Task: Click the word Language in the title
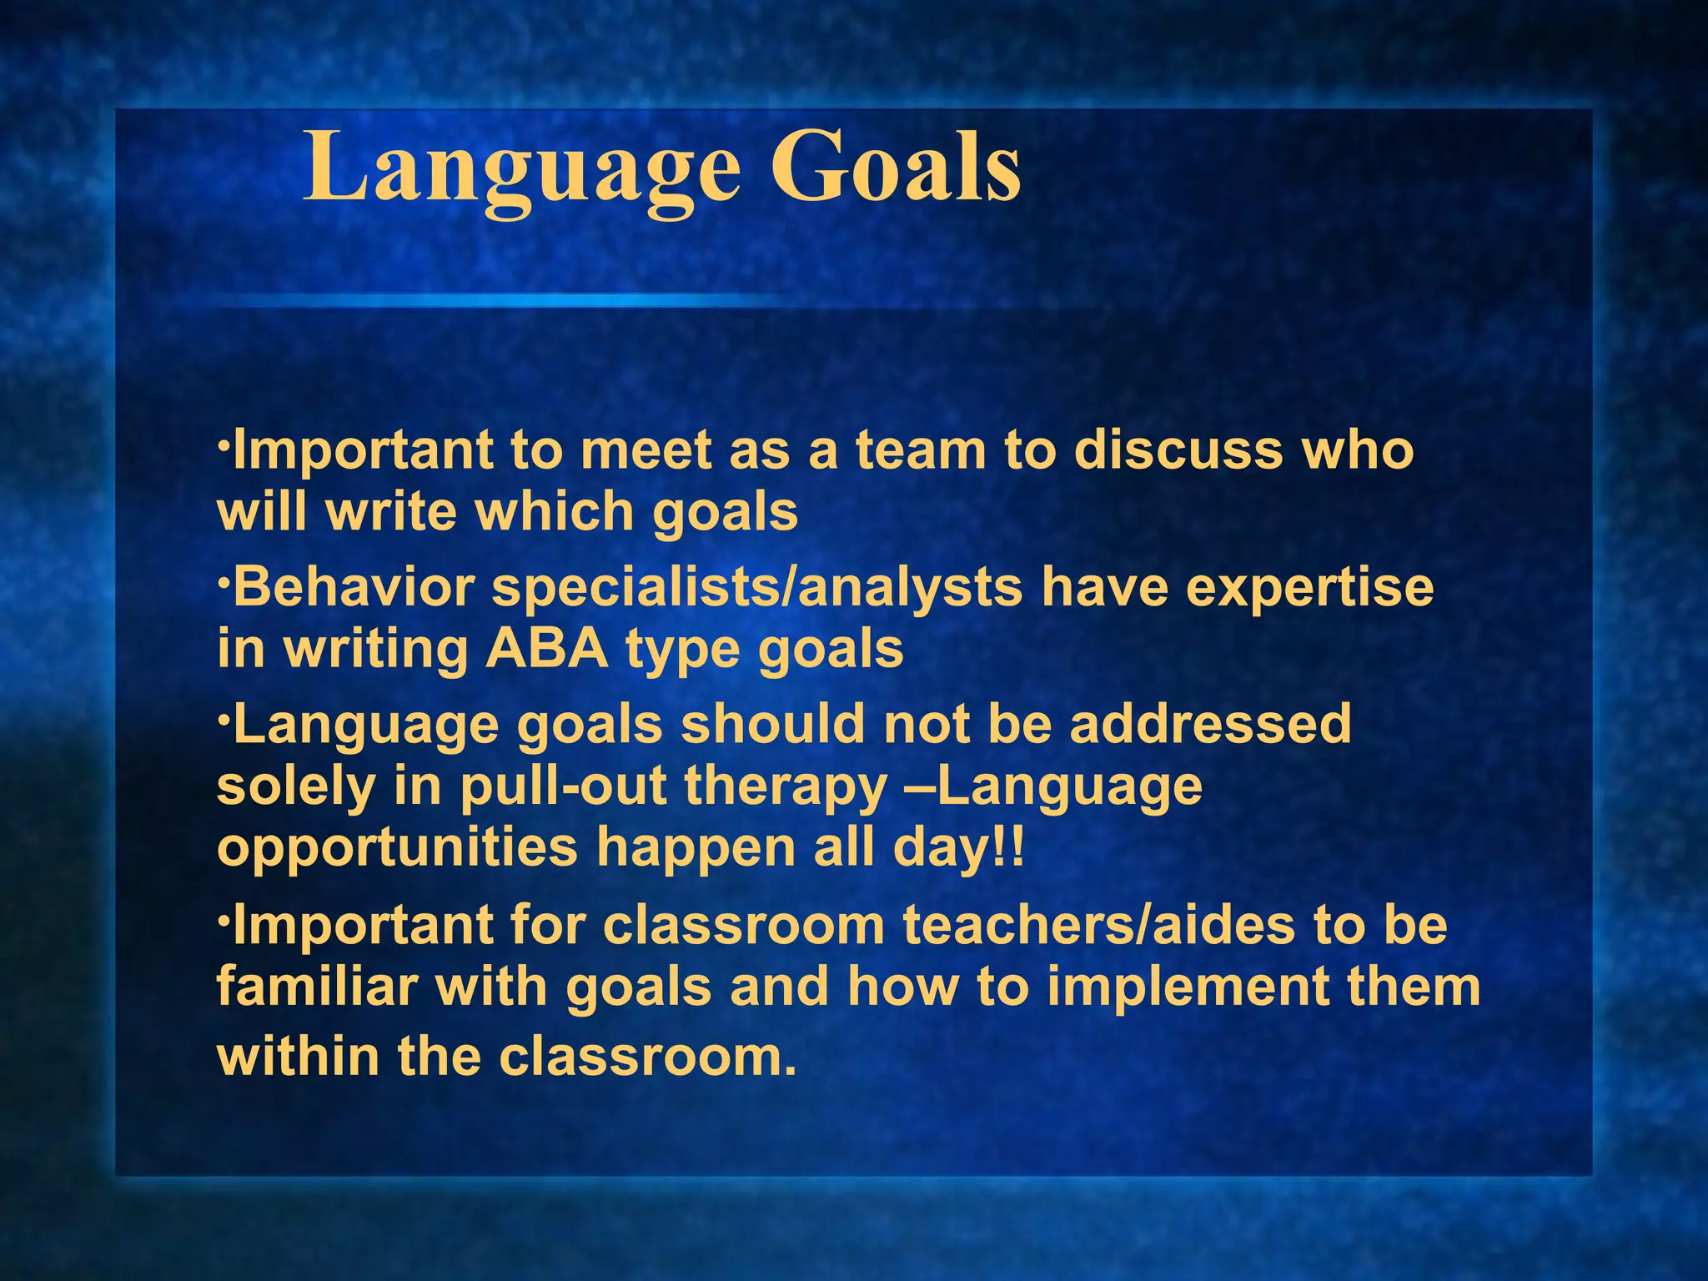tap(521, 171)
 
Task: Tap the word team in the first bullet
tap(920, 450)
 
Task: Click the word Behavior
tap(354, 587)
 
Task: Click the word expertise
tap(1309, 589)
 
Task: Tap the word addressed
tap(1210, 723)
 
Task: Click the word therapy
tap(786, 787)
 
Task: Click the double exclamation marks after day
tap(1008, 847)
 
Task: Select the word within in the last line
tap(298, 1056)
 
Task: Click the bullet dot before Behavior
tap(223, 577)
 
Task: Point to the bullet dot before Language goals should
tap(223, 714)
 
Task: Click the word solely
tap(296, 787)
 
